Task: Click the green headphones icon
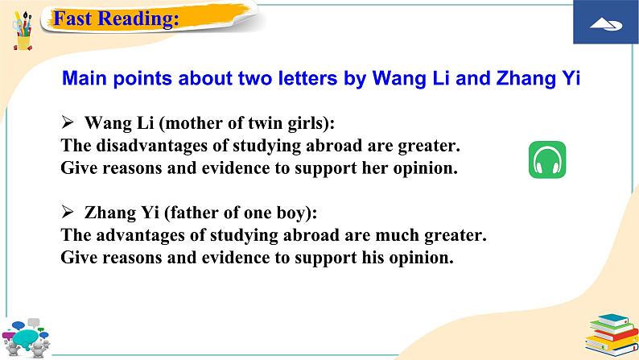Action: click(x=547, y=159)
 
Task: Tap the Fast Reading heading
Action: click(x=115, y=19)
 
